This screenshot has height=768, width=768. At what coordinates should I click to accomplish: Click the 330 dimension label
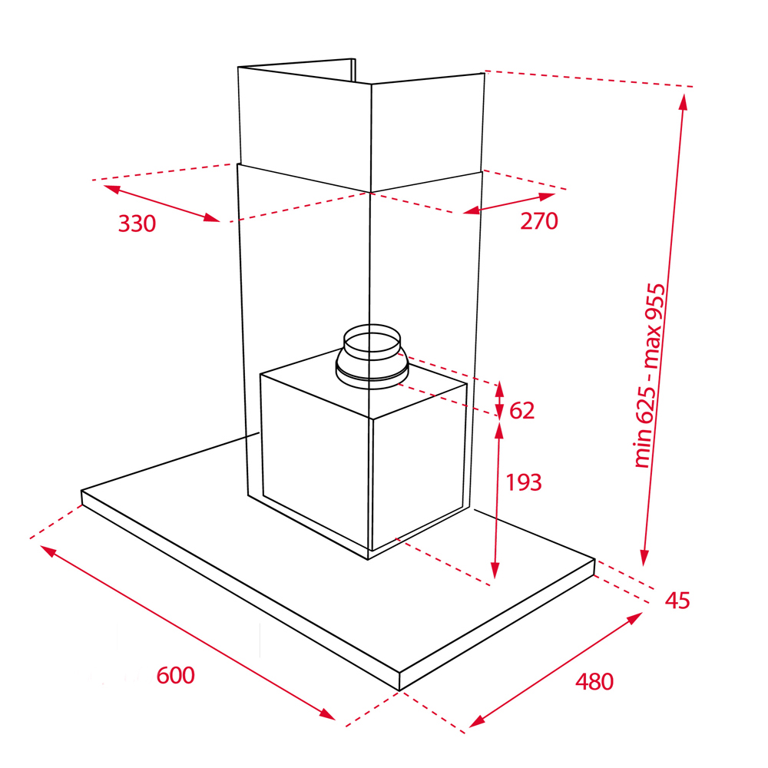click(137, 223)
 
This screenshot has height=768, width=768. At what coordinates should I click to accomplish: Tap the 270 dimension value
click(539, 221)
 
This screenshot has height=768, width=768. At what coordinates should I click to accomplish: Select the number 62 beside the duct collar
click(521, 410)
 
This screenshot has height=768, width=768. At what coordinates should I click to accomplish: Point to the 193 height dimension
click(524, 482)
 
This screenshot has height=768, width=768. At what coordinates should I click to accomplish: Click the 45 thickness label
click(677, 601)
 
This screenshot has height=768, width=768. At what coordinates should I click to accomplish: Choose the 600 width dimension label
click(175, 675)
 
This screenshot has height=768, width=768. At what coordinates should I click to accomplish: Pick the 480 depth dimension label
click(594, 682)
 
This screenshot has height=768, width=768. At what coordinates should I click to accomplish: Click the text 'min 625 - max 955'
click(650, 376)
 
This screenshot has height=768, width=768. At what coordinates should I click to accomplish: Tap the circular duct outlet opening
click(372, 342)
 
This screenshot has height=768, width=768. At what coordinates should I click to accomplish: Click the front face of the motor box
click(316, 460)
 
